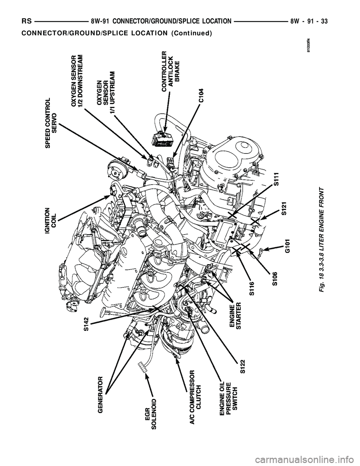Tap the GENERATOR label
point(100,394)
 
